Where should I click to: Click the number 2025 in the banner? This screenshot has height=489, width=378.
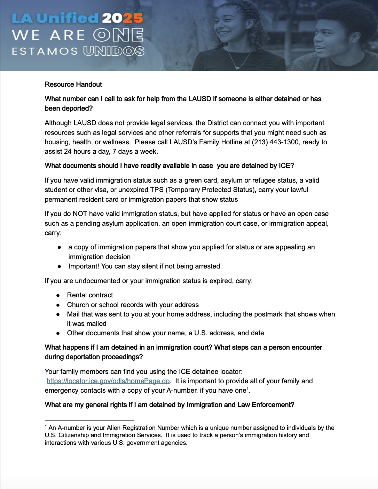pos(122,18)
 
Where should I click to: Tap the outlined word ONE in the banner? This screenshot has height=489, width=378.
pos(118,35)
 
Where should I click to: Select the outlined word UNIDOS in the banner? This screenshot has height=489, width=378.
pos(114,51)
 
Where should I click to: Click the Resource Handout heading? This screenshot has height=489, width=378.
pos(73,85)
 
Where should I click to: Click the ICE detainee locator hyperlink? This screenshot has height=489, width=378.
pos(108,381)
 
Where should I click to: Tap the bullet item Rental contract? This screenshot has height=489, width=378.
pos(90,295)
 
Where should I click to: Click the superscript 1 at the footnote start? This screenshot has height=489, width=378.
pos(46,426)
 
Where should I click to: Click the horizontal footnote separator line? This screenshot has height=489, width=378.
pos(89,420)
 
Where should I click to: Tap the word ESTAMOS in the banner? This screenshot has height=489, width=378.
pos(45,51)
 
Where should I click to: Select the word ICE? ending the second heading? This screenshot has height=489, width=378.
pos(286,166)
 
